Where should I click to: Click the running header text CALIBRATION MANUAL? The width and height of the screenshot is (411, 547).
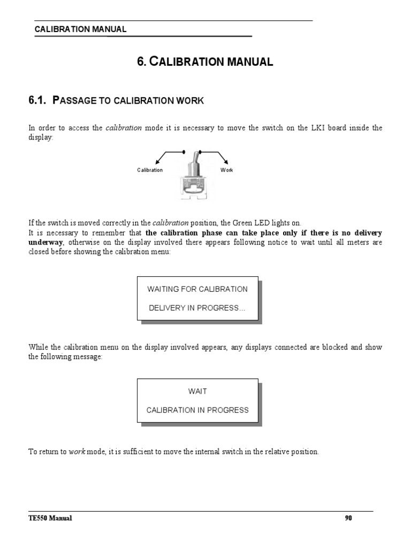[x=80, y=29]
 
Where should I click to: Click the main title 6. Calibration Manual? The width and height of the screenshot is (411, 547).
[x=205, y=62]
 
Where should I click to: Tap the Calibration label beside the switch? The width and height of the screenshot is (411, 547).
[x=150, y=170]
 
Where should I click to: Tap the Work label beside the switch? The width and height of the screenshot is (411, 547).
[x=227, y=170]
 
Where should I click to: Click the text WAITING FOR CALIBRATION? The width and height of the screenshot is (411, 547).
[x=197, y=289]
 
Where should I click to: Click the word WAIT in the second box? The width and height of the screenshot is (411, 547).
[x=197, y=392]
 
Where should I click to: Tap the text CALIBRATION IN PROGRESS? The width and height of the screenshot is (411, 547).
[x=197, y=410]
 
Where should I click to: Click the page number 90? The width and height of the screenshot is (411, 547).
[x=348, y=518]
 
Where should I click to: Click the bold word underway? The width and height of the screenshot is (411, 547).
[x=45, y=242]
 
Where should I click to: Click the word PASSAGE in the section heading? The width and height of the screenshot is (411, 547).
[x=74, y=101]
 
